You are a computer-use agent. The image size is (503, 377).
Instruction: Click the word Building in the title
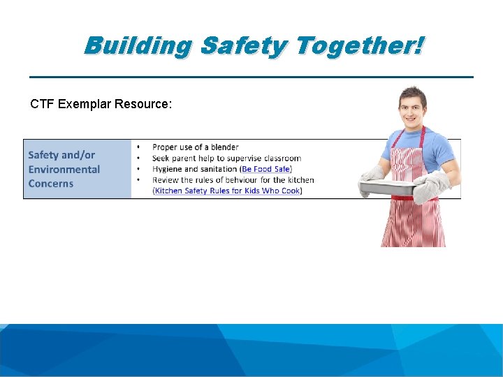coord(138,46)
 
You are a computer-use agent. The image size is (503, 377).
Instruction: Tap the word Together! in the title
coord(359,46)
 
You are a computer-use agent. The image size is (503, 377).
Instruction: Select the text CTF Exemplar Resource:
coord(101,105)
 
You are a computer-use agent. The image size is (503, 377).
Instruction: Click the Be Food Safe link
coord(266,169)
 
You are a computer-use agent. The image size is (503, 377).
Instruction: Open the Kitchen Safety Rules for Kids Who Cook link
coord(227,191)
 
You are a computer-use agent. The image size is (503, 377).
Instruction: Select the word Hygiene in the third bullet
coord(168,169)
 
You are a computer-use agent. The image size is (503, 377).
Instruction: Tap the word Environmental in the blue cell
coord(64,170)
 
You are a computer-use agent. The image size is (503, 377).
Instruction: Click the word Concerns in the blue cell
coord(50,184)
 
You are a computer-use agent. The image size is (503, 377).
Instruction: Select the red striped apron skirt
coord(412,223)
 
